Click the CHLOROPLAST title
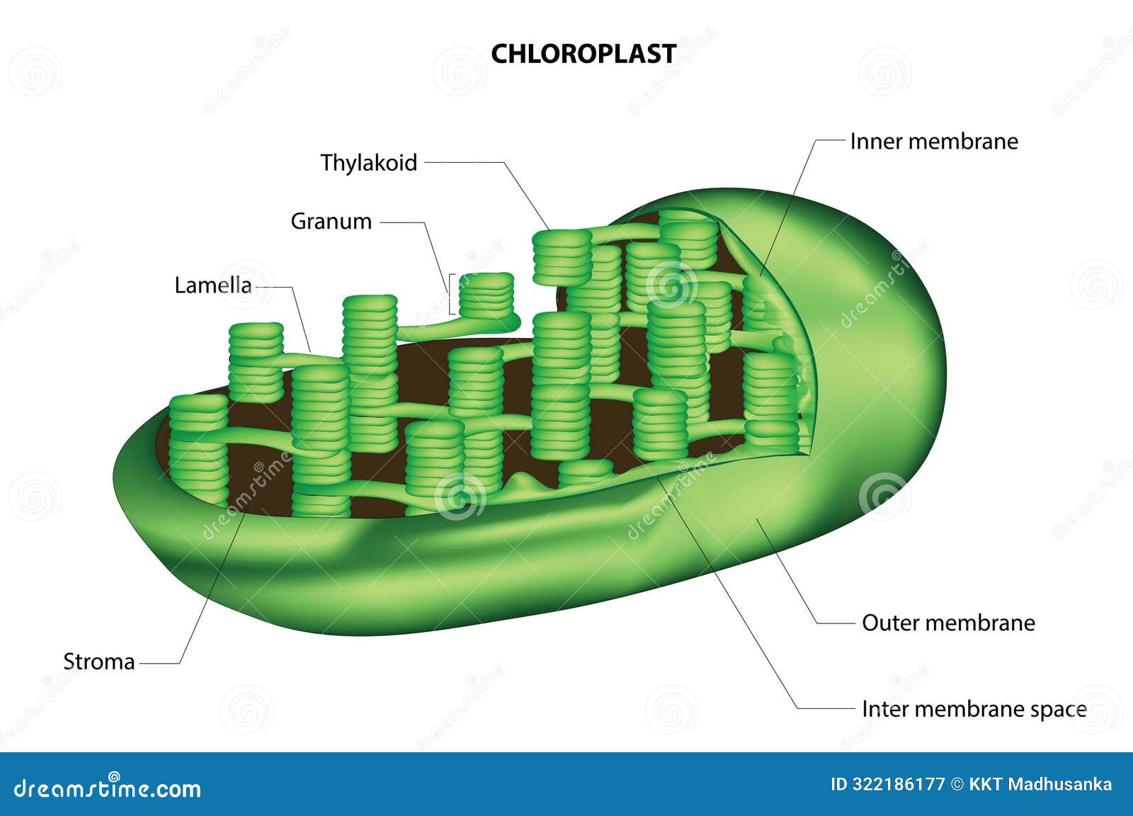pyautogui.click(x=583, y=54)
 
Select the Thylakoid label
pyautogui.click(x=368, y=163)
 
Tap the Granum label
pyautogui.click(x=331, y=221)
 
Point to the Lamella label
pyautogui.click(x=212, y=285)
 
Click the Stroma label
pyautogui.click(x=98, y=662)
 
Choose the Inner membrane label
pyautogui.click(x=933, y=141)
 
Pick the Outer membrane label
pyautogui.click(x=947, y=623)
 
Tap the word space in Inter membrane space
pyautogui.click(x=1055, y=710)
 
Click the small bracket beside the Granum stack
pyautogui.click(x=451, y=294)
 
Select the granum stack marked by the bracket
pyautogui.click(x=486, y=295)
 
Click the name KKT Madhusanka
pyautogui.click(x=1040, y=784)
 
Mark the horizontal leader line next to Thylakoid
pyautogui.click(x=464, y=162)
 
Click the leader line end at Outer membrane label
pyautogui.click(x=836, y=623)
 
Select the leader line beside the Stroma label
pyautogui.click(x=159, y=663)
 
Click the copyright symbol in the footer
pyautogui.click(x=957, y=784)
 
